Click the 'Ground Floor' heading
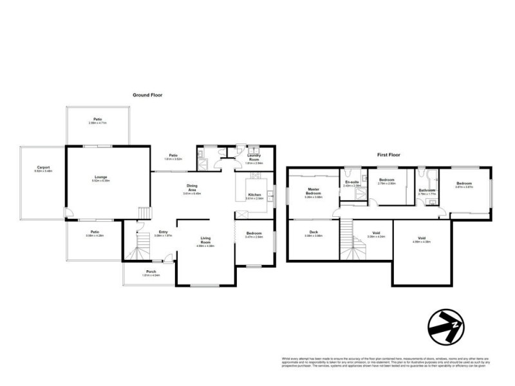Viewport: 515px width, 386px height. coord(147,95)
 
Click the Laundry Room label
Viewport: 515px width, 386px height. coord(255,159)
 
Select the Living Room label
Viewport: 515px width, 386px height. coord(205,241)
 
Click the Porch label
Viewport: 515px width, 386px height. coord(151,271)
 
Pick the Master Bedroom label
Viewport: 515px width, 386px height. coord(313,192)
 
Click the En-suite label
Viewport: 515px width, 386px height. coord(351,183)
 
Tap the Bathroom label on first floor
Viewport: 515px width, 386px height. coord(427,190)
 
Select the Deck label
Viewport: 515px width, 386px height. coord(313,232)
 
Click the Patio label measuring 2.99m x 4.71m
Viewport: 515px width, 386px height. coord(98,120)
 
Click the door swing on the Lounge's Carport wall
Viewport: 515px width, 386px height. coord(68,213)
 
